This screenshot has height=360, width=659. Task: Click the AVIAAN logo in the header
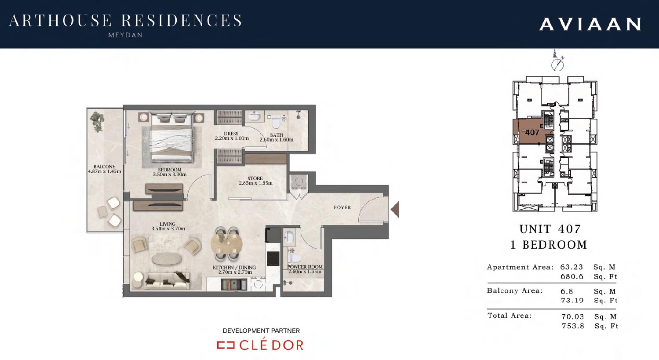(590, 24)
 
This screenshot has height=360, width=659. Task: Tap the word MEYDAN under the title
(125, 35)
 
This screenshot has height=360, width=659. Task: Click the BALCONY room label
(105, 167)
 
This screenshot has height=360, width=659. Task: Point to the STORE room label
(255, 178)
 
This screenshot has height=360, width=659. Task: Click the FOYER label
(342, 207)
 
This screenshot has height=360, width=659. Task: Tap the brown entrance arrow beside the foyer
(395, 209)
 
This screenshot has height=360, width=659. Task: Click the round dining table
(226, 244)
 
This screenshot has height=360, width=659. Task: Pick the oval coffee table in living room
(167, 259)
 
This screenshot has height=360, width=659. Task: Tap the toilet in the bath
(276, 121)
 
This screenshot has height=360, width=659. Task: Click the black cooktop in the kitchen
(273, 259)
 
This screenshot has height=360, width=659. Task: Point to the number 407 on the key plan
(532, 133)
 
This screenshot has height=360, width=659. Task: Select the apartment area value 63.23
(572, 267)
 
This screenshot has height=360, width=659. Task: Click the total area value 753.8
(573, 326)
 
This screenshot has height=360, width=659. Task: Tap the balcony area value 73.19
(572, 300)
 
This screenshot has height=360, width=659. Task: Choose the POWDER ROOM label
(305, 267)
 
